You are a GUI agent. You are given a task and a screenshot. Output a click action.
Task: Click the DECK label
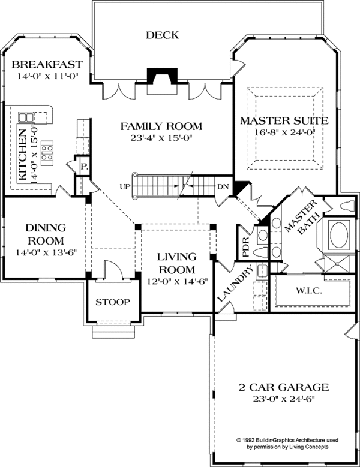[162, 35]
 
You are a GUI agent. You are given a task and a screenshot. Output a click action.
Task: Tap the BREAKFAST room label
[46, 64]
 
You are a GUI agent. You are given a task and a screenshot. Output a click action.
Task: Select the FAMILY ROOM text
[161, 126]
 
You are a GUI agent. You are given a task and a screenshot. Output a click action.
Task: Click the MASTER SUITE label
[284, 121]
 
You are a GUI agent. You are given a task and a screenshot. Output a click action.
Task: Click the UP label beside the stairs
[125, 186]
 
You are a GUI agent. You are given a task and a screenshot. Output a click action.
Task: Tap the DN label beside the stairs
[223, 186]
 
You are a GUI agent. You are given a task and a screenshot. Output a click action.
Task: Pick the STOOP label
[113, 302]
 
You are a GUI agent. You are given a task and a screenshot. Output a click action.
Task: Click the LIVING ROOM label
[176, 263]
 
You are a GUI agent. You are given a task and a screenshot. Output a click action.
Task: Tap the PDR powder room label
[245, 247]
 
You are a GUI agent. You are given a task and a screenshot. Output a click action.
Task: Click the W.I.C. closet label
[310, 291]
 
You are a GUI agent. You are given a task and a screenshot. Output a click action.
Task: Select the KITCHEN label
[23, 154]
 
